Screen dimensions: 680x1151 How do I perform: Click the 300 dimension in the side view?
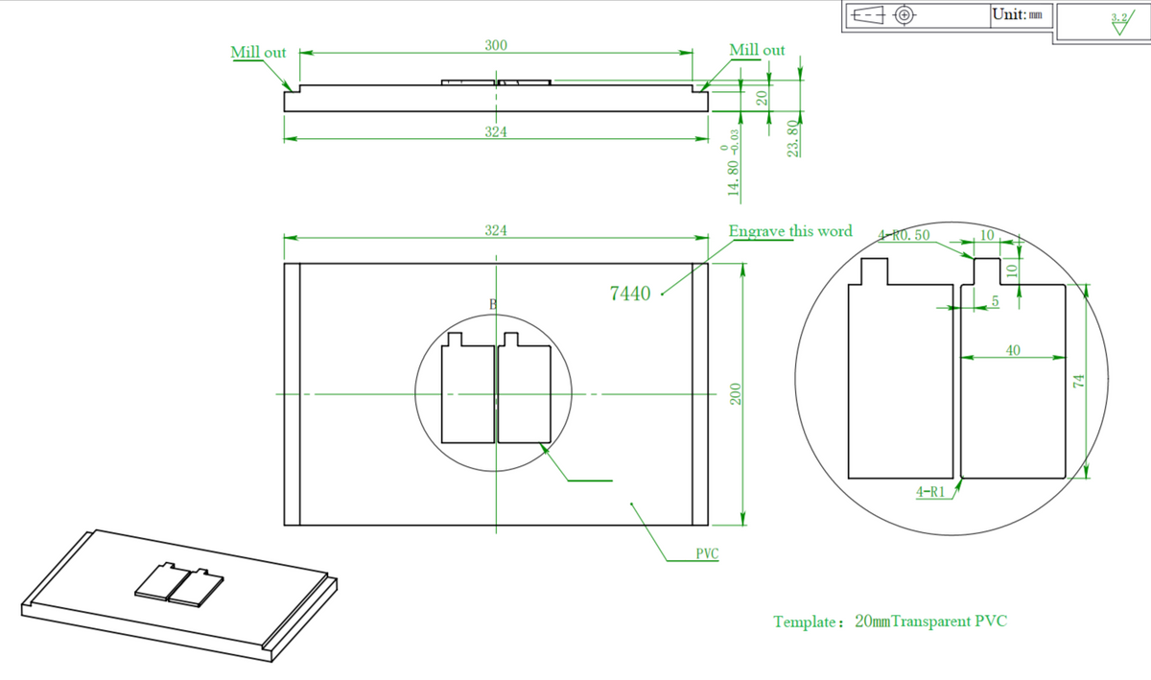click(x=496, y=45)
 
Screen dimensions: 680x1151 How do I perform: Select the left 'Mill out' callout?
click(x=258, y=52)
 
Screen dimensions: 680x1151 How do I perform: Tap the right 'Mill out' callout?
click(x=757, y=50)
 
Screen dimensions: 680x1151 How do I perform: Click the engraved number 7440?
click(x=630, y=293)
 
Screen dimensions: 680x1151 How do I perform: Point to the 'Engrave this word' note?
click(x=789, y=231)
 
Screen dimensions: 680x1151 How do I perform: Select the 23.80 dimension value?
click(x=793, y=138)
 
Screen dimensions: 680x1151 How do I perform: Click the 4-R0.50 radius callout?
click(x=904, y=235)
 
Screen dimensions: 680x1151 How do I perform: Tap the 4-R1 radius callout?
click(x=930, y=491)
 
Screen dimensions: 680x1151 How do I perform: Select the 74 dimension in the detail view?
click(x=1078, y=381)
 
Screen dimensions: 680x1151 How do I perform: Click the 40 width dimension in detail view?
click(x=1013, y=350)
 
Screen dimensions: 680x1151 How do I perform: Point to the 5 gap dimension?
click(x=995, y=301)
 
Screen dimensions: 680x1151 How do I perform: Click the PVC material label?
click(x=707, y=554)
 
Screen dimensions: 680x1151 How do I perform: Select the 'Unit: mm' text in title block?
click(x=1022, y=14)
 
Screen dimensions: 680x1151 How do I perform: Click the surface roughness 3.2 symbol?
click(x=1118, y=22)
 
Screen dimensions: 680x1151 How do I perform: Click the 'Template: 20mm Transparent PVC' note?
click(x=890, y=621)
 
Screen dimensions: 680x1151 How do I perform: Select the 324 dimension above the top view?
click(x=496, y=230)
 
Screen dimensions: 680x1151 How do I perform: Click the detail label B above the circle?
click(x=493, y=303)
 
